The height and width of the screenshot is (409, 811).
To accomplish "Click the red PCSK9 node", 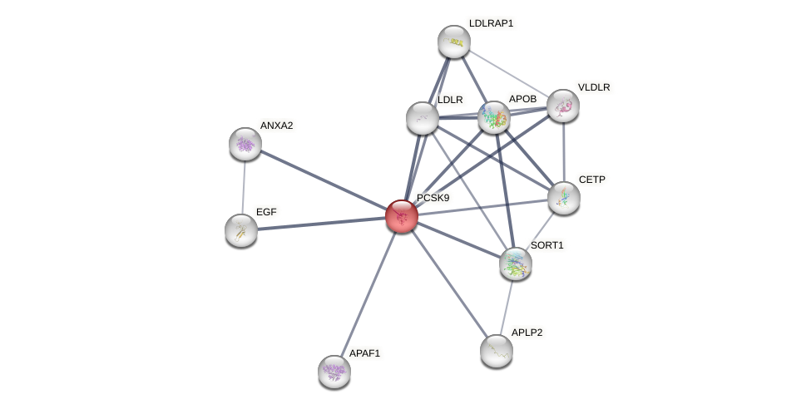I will pos(402,216).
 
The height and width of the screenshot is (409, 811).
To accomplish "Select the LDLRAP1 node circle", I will pos(454,42).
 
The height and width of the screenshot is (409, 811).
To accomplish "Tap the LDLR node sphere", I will pos(423,118).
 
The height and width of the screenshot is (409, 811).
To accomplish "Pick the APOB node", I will pos(494,118).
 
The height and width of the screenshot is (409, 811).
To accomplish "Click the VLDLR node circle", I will pos(563,106).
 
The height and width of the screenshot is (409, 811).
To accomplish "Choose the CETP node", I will pos(564,198).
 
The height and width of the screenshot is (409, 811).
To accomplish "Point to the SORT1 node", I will pos(516,264).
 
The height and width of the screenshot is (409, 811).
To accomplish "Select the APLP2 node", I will pos(497,351).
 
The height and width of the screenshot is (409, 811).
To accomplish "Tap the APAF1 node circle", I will pos(334,372).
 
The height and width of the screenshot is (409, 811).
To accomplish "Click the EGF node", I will pos(241,230).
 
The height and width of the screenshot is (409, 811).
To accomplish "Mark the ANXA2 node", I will pos(245,144).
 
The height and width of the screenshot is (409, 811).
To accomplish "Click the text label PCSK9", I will pos(433,198).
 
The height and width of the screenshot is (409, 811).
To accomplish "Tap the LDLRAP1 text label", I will pos(491,23).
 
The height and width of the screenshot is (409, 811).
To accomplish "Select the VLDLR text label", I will pos(594,87).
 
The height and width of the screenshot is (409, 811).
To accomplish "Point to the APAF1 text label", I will pos(364,353).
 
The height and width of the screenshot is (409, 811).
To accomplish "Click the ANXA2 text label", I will pos(276,126).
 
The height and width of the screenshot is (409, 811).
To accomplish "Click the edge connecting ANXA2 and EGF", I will pos(244,187).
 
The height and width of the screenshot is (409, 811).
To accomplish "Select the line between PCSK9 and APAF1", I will pos(368,294).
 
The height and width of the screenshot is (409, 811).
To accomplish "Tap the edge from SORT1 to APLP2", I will pos(507,307).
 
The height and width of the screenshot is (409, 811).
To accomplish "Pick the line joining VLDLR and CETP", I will pos(564,151).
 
